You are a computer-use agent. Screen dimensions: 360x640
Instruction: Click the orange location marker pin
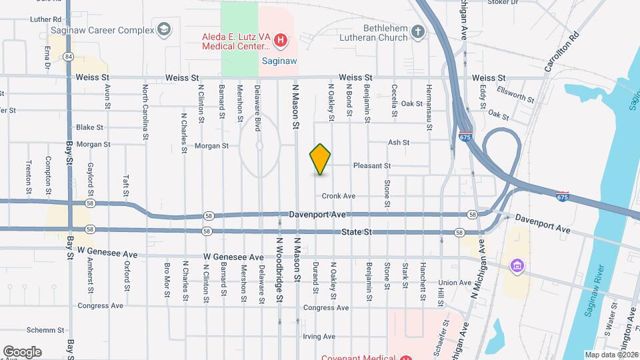pyautogui.click(x=320, y=159)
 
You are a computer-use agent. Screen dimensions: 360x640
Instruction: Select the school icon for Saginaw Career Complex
pyautogui.click(x=163, y=30)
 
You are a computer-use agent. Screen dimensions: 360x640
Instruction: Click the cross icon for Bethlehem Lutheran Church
pyautogui.click(x=418, y=31)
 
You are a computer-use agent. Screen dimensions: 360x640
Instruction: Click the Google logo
pyautogui.click(x=22, y=351)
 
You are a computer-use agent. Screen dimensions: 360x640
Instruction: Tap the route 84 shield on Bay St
pyautogui.click(x=69, y=57)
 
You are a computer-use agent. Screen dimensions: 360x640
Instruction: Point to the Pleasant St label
pyautogui.click(x=371, y=165)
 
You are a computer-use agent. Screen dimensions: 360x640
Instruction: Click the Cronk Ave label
pyautogui.click(x=339, y=196)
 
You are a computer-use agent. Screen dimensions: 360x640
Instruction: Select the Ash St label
pyautogui.click(x=398, y=142)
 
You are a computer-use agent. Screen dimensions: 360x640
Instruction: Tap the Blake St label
pyautogui.click(x=89, y=127)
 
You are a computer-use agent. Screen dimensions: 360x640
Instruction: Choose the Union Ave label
pyautogui.click(x=455, y=283)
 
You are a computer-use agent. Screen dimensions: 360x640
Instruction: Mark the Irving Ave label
pyautogui.click(x=318, y=337)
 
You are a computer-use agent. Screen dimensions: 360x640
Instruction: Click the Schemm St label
pyautogui.click(x=45, y=330)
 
